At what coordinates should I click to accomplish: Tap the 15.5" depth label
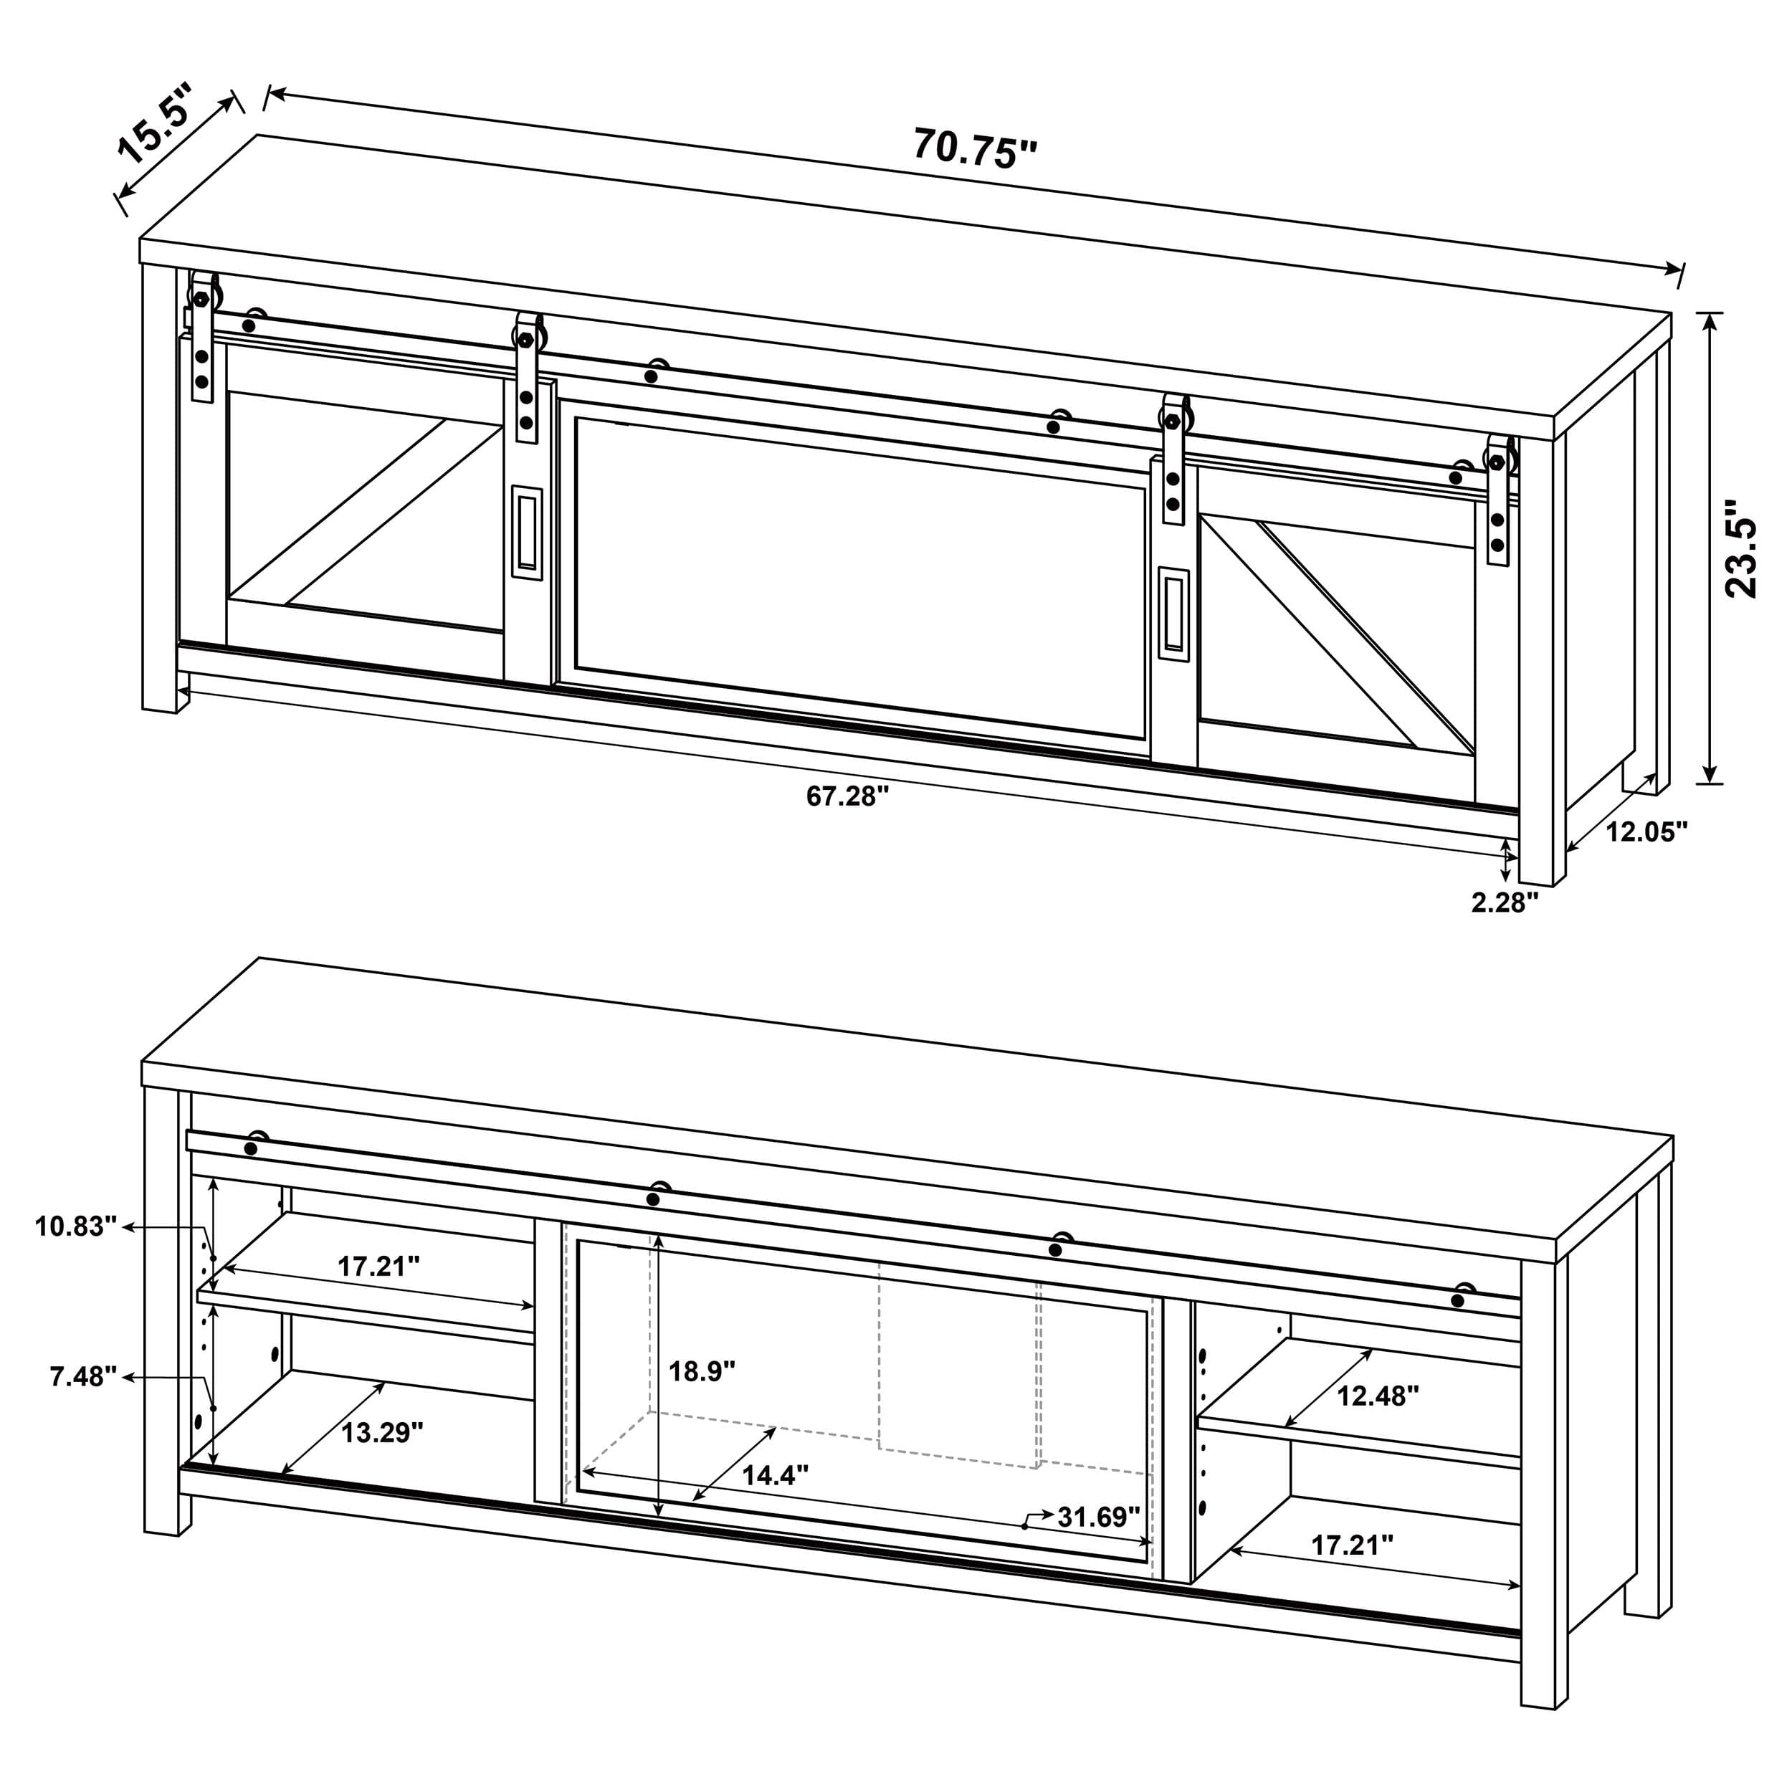[156, 123]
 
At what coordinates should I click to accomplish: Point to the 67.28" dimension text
[847, 795]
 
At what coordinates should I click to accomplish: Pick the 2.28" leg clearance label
[1505, 902]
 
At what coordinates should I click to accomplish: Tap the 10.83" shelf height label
[76, 1226]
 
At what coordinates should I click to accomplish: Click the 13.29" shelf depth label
[381, 1432]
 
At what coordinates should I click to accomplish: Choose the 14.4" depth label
[774, 1474]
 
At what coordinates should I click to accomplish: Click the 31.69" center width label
[1099, 1517]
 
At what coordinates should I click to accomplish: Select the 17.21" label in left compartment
[378, 1266]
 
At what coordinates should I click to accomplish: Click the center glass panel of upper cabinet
[858, 575]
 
